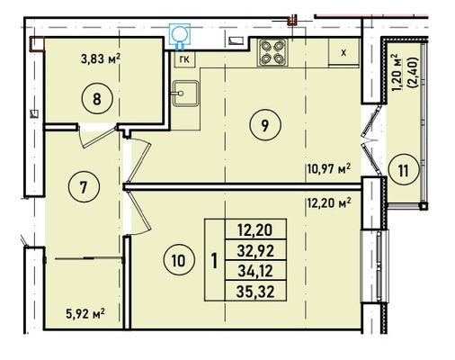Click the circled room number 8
(x=97, y=99)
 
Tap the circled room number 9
(x=264, y=125)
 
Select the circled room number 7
(x=84, y=187)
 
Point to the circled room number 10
(x=179, y=260)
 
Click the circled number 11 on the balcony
(x=404, y=171)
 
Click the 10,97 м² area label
(x=329, y=169)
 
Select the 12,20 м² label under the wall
(x=329, y=204)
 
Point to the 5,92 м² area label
(x=85, y=315)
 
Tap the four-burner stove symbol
(x=272, y=52)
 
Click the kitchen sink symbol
(x=185, y=94)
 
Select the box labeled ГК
(x=184, y=59)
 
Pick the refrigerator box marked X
(x=343, y=53)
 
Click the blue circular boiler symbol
(x=180, y=34)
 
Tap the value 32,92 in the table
(x=255, y=250)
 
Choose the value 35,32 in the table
(x=255, y=292)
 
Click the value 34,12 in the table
(x=255, y=271)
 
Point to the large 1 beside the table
(x=214, y=260)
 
